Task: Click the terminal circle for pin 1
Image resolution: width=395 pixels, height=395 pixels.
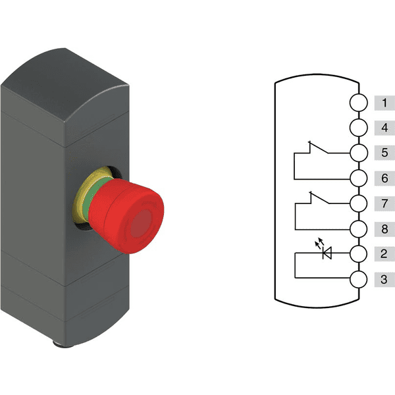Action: [359, 103]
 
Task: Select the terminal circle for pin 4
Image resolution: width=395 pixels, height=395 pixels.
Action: [359, 128]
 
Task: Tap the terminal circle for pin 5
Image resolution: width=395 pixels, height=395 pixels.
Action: [359, 153]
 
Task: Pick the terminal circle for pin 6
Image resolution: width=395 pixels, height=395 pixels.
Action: [359, 178]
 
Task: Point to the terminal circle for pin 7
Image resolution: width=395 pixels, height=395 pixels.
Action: [359, 203]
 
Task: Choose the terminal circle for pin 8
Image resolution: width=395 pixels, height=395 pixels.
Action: [359, 229]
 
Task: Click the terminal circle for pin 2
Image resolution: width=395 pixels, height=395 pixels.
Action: [359, 253]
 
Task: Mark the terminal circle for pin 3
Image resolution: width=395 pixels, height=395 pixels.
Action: [359, 279]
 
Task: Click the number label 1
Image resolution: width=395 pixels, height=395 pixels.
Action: [384, 103]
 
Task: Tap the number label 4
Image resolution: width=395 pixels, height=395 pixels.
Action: [384, 128]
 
